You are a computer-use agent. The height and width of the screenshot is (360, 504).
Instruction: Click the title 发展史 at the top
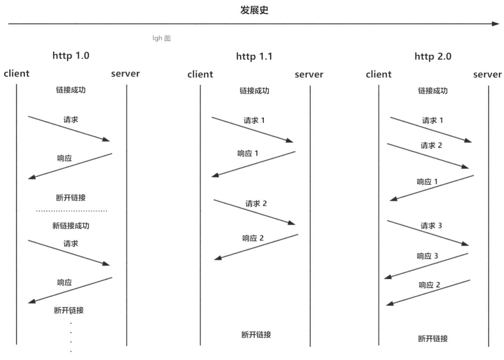254,10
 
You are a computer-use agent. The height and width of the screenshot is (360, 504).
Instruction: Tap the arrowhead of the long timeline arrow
496,24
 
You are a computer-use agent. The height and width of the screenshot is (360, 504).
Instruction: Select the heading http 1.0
71,56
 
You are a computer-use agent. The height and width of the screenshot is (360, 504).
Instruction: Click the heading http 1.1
254,56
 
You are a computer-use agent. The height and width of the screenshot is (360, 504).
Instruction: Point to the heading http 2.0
433,56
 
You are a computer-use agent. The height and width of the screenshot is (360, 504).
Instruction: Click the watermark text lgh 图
162,38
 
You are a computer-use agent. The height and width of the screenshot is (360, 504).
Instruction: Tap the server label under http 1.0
125,74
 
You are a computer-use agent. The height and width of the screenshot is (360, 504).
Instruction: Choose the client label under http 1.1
200,74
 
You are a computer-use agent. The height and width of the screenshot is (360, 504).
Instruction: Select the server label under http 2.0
487,74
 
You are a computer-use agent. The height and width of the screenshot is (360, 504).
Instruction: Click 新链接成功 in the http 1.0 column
71,226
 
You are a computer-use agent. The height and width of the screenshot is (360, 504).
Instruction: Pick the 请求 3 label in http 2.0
431,226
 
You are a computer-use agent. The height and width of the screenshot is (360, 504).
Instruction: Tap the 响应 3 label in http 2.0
427,256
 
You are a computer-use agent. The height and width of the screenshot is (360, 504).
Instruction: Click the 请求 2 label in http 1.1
256,204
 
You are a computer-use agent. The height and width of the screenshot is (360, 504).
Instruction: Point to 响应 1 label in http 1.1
248,153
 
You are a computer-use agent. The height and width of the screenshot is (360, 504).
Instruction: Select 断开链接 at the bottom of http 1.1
256,335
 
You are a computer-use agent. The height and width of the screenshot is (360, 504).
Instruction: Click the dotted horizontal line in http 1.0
71,211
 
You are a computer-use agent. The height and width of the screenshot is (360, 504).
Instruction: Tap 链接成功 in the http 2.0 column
433,91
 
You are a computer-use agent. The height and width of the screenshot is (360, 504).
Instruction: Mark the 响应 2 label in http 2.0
429,285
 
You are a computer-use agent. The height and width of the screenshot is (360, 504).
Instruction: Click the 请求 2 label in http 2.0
431,145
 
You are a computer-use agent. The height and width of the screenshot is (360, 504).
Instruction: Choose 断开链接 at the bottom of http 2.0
433,339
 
